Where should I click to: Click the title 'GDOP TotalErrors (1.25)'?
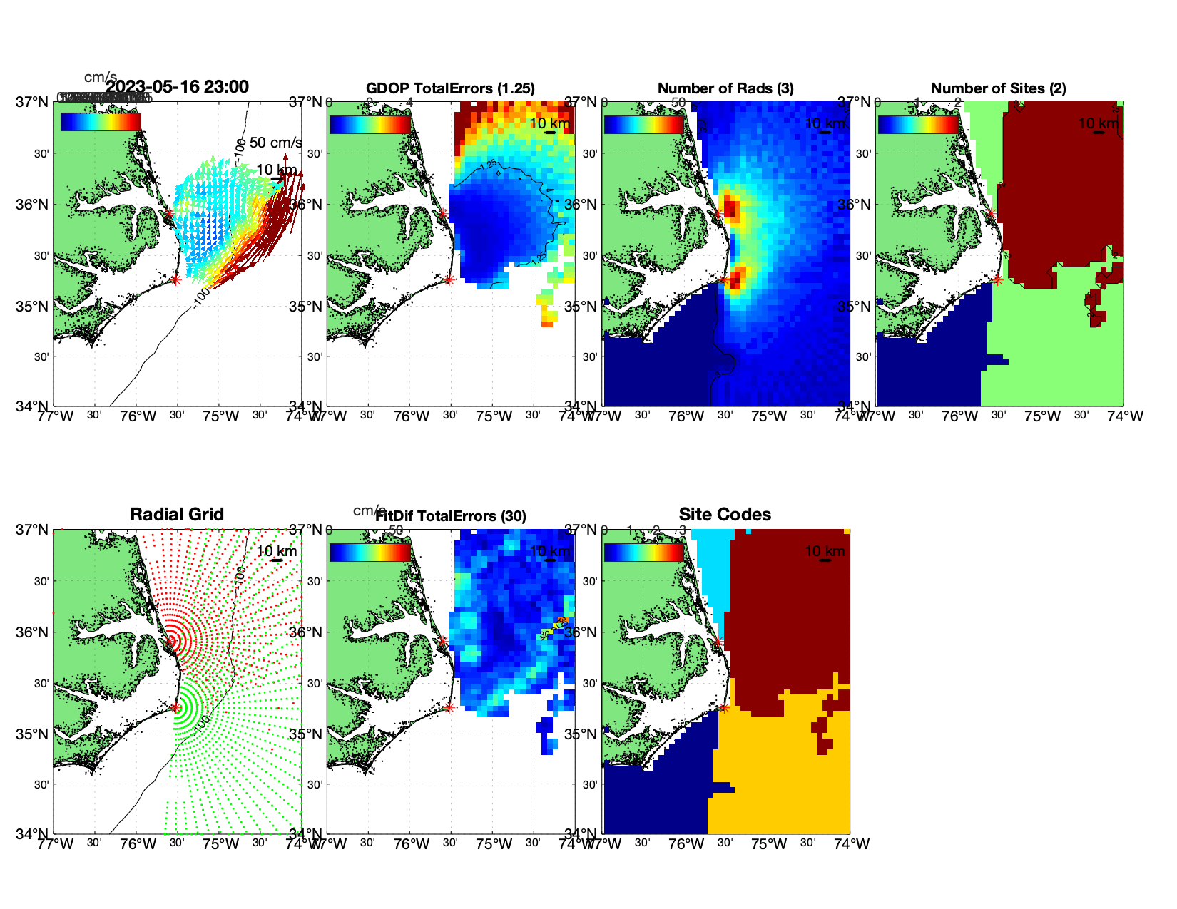pyautogui.click(x=450, y=88)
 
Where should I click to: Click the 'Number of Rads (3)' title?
pyautogui.click(x=725, y=88)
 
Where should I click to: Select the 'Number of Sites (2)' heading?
pyautogui.click(x=998, y=88)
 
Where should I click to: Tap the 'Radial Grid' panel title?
pyautogui.click(x=177, y=515)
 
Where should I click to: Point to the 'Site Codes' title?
pyautogui.click(x=725, y=515)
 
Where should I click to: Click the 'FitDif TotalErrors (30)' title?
pyautogui.click(x=451, y=516)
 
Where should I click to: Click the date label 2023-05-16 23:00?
pyautogui.click(x=177, y=87)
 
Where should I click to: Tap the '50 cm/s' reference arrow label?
pyautogui.click(x=275, y=143)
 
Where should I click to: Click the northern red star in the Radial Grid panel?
pyautogui.click(x=170, y=641)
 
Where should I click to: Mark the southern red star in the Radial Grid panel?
pyautogui.click(x=175, y=707)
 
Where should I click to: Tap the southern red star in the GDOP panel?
pyautogui.click(x=449, y=279)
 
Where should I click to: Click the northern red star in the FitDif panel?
pyautogui.click(x=443, y=641)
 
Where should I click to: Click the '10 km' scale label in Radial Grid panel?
pyautogui.click(x=276, y=551)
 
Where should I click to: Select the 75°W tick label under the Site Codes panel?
pyautogui.click(x=769, y=844)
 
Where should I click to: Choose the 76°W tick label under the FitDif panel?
pyautogui.click(x=412, y=844)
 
